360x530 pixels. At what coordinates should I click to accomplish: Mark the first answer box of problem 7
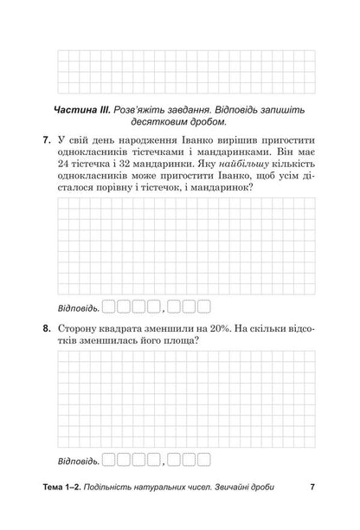click(x=109, y=305)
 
